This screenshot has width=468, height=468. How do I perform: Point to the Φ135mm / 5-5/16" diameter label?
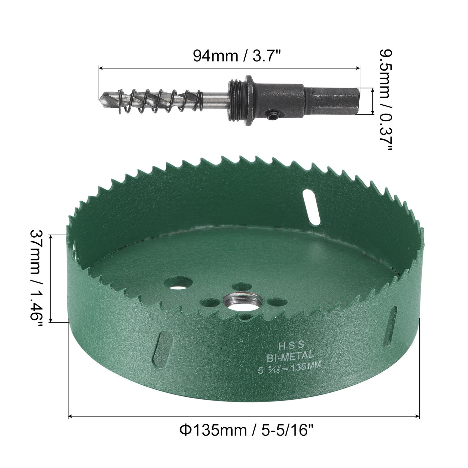pos(247,430)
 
